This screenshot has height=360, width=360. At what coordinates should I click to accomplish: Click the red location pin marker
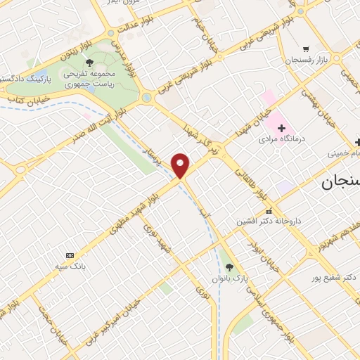pyautogui.click(x=181, y=165)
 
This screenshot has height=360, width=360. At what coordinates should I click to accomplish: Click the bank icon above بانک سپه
pyautogui.click(x=69, y=255)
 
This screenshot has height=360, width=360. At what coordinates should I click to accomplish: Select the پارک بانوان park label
pyautogui.click(x=229, y=278)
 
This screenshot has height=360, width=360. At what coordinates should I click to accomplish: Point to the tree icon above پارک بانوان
pyautogui.click(x=229, y=266)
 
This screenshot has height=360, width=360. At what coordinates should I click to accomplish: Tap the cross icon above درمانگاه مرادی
pyautogui.click(x=282, y=128)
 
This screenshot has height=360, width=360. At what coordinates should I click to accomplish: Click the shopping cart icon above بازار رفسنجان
pyautogui.click(x=306, y=49)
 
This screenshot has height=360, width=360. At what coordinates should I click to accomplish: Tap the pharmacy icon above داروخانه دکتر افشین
pyautogui.click(x=268, y=211)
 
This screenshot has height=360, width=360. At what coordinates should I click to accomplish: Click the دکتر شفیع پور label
pyautogui.click(x=333, y=278)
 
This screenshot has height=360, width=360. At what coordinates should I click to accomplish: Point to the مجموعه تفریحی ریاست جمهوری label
pyautogui.click(x=89, y=77)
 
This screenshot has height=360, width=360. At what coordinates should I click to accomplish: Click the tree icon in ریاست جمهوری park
pyautogui.click(x=89, y=62)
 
